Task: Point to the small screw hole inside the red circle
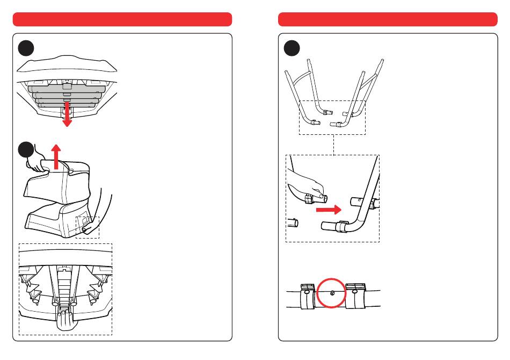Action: [x=332, y=293]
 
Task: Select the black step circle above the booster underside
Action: [x=26, y=48]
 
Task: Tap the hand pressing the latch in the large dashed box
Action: [x=65, y=319]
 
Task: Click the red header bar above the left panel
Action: [x=122, y=19]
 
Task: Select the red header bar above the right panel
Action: [x=388, y=19]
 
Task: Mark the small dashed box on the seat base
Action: [x=87, y=226]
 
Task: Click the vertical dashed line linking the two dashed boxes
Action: [x=333, y=145]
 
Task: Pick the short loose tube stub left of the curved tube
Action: [x=293, y=221]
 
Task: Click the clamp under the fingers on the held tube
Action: [x=309, y=200]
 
